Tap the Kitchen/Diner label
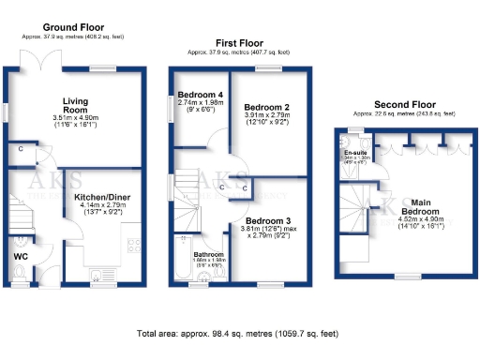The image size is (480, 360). coord(104,198)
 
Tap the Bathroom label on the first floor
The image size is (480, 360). coord(209,254)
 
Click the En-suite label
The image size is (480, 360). coord(355,152)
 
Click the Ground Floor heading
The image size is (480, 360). coord(73,28)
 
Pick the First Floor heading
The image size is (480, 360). coord(239,43)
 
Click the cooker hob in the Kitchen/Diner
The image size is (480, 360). coord(133,247)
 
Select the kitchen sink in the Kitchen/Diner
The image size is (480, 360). coord(97,274)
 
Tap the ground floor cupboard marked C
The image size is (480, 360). coord(20,149)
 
